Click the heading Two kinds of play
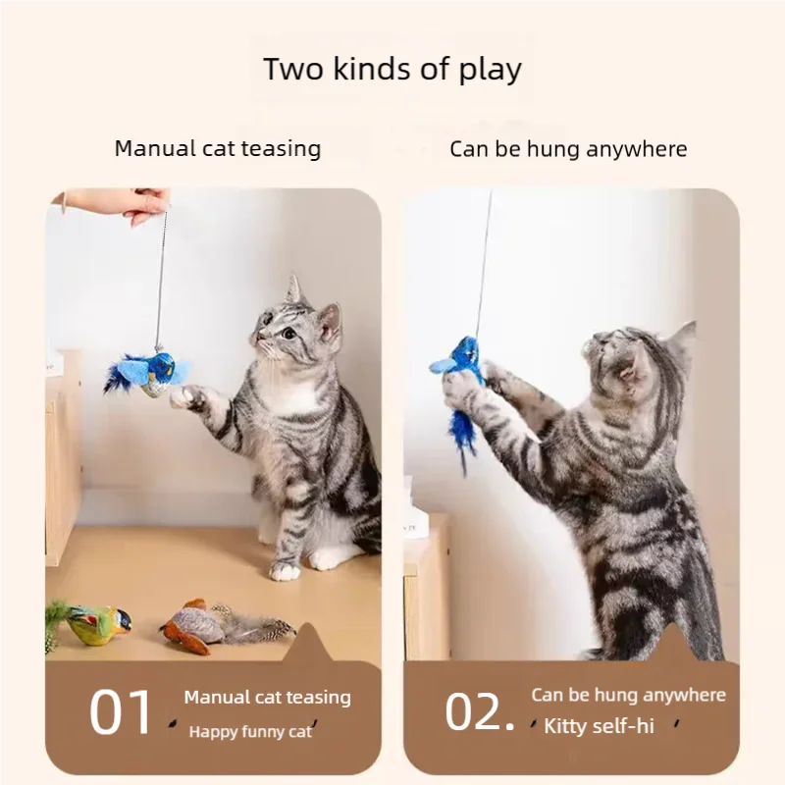click(392, 70)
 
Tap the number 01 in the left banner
click(122, 713)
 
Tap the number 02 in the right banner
click(479, 713)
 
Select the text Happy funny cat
click(251, 731)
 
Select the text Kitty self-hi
click(599, 727)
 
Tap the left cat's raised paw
click(185, 396)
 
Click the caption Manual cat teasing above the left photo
click(218, 149)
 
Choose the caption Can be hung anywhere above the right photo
click(568, 149)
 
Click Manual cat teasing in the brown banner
click(267, 698)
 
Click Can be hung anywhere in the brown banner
click(628, 695)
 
